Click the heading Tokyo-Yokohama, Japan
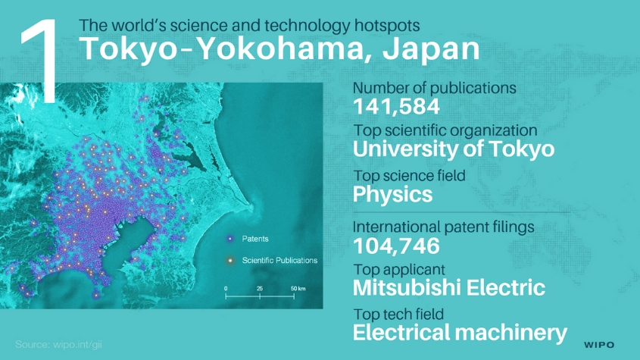[279, 49]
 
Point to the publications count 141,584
[396, 107]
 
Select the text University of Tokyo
[454, 149]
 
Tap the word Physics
[392, 195]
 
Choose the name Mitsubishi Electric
[449, 288]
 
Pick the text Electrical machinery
[460, 333]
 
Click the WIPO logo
[599, 345]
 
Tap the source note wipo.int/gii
[59, 345]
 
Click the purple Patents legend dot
[230, 239]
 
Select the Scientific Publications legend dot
[230, 260]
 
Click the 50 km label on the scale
[298, 289]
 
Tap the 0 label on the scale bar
[226, 289]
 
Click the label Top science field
[410, 176]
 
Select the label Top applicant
[399, 270]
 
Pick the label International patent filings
[444, 227]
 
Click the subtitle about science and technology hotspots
[249, 25]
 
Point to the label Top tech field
[398, 315]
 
